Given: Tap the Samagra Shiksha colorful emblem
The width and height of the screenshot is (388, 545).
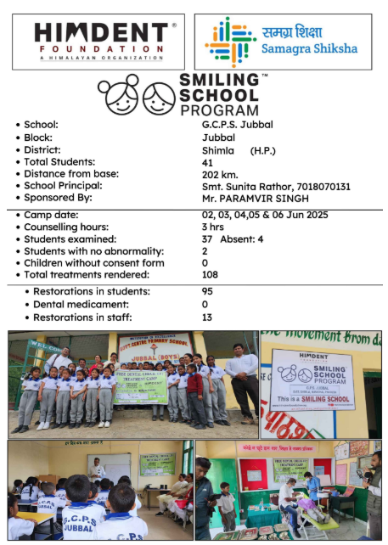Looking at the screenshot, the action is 230,41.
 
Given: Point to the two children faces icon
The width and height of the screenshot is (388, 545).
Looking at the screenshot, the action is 135,96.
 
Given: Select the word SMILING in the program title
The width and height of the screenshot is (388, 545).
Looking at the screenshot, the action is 219,78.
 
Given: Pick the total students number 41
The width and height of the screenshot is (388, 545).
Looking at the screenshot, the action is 207,162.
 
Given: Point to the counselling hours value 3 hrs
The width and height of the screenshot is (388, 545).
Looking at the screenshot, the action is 212,228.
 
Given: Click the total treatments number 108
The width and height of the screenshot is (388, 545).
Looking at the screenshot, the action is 211,275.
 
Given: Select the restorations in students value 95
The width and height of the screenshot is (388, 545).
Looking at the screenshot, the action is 207,292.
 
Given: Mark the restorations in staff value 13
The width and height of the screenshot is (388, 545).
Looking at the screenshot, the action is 207,317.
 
